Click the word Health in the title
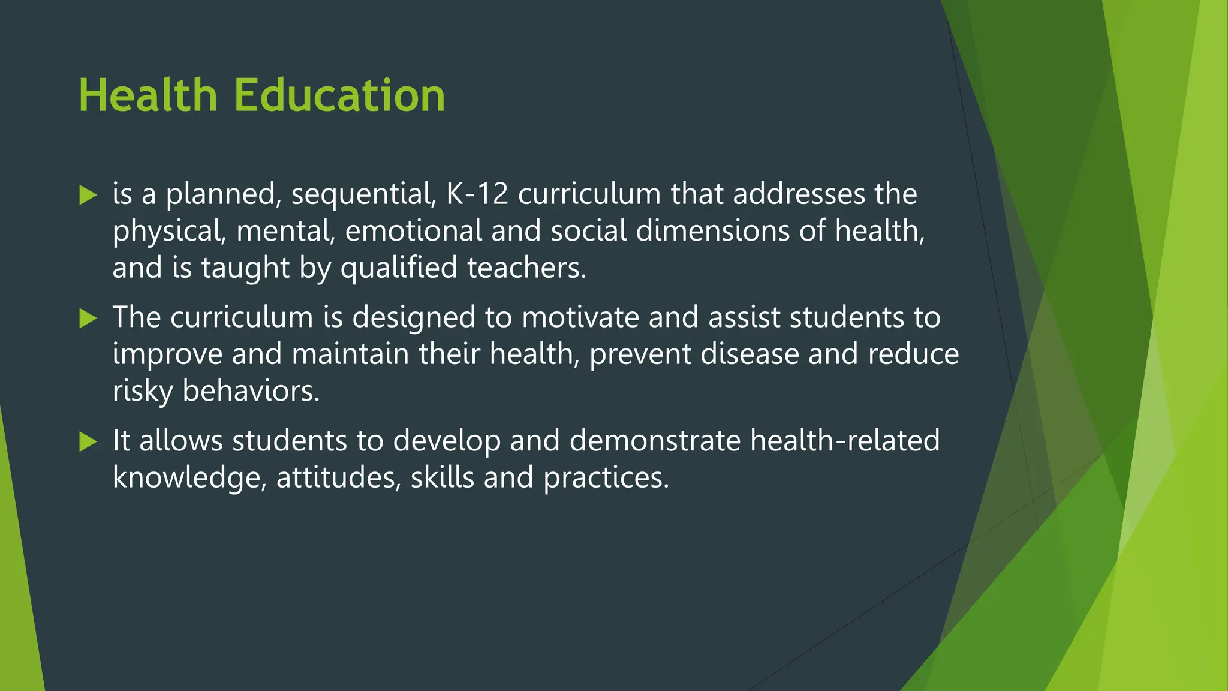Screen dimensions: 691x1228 pos(148,96)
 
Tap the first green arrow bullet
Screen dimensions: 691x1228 pos(88,195)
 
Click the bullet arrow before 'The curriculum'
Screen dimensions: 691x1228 pos(88,319)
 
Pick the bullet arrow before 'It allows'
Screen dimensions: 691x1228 pos(88,442)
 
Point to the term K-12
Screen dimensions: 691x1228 pos(477,194)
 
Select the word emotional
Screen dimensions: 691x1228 pos(413,231)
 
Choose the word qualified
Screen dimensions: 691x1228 pos(399,268)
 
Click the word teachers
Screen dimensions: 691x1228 pos(526,268)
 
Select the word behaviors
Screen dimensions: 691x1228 pos(251,392)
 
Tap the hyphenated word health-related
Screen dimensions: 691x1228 pos(844,441)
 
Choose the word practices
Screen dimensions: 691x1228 pos(606,478)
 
